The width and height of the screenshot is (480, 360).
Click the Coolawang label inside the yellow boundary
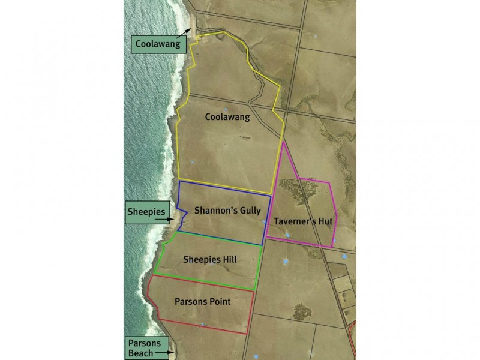227,118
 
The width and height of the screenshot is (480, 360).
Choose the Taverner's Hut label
303,221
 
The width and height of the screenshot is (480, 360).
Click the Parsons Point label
202,301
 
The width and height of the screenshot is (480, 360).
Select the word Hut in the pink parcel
326,221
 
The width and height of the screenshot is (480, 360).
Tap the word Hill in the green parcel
229,260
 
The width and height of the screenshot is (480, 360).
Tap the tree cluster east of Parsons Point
302,312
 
